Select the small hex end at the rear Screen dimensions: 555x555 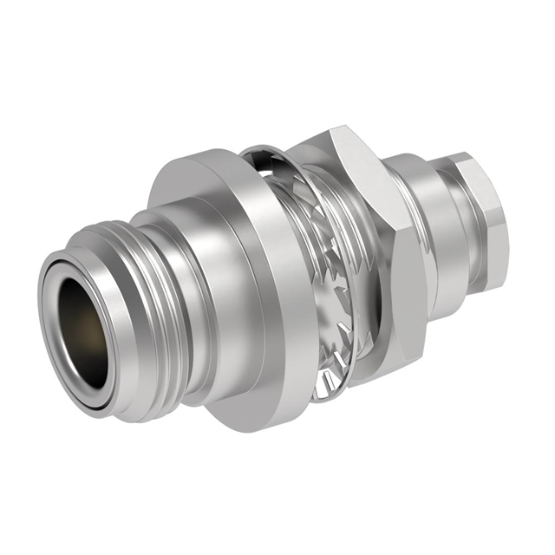point(481,221)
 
